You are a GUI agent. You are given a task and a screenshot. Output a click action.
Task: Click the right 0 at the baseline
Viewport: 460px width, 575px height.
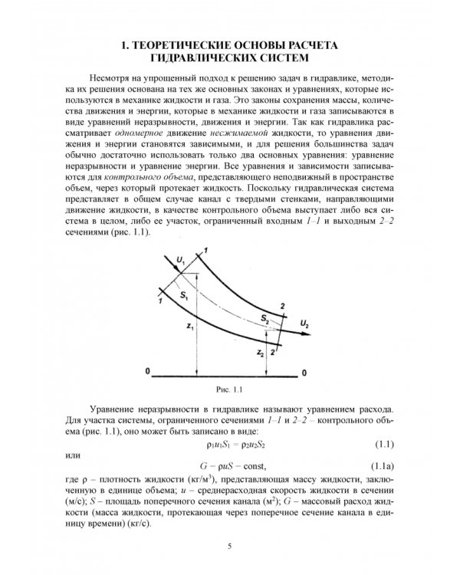pyautogui.click(x=304, y=373)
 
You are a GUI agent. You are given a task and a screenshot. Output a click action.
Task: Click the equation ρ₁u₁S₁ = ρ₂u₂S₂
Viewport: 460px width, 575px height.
pyautogui.click(x=229, y=445)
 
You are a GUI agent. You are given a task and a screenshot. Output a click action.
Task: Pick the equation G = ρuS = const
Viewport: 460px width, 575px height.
pyautogui.click(x=229, y=467)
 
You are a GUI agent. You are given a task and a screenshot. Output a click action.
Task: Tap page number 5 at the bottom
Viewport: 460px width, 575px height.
pyautogui.click(x=229, y=546)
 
